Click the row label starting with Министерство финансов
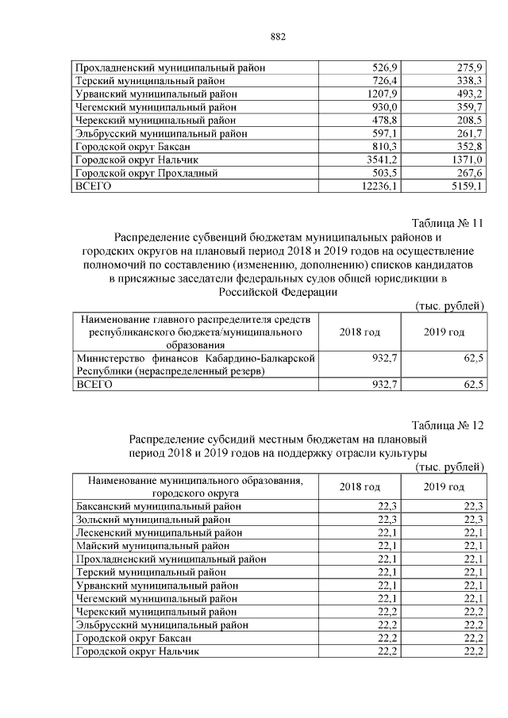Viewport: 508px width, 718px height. tap(194, 364)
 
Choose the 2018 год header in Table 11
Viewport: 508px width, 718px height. tap(359, 332)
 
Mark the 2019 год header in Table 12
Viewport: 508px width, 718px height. tap(443, 486)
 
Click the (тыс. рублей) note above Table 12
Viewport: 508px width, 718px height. tap(449, 467)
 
